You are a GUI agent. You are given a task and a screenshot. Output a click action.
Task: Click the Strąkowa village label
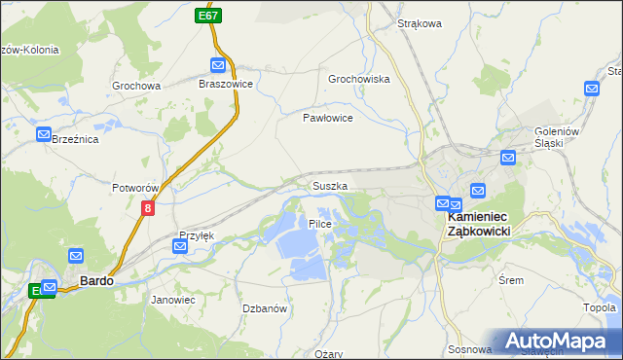pyautogui.click(x=420, y=22)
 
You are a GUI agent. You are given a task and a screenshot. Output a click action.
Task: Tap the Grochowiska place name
pyautogui.click(x=358, y=79)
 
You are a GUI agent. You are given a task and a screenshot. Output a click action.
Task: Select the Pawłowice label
pyautogui.click(x=326, y=117)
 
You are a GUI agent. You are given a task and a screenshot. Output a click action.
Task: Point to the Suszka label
pyautogui.click(x=330, y=185)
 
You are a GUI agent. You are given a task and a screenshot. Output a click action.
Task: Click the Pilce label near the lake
pyautogui.click(x=320, y=224)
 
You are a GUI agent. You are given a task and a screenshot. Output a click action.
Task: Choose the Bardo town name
pyautogui.click(x=96, y=280)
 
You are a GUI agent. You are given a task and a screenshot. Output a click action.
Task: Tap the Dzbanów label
pyautogui.click(x=264, y=308)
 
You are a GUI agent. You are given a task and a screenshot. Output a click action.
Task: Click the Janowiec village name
pyautogui.click(x=173, y=300)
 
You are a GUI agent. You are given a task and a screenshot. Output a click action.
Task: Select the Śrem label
pyautogui.click(x=510, y=280)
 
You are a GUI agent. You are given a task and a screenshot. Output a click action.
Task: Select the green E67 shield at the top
pyautogui.click(x=206, y=16)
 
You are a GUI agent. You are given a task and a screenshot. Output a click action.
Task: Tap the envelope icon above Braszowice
pyautogui.click(x=218, y=65)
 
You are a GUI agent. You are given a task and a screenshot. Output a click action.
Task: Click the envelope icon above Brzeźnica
pyautogui.click(x=44, y=135)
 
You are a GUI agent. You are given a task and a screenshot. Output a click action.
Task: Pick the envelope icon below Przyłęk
pyautogui.click(x=180, y=247)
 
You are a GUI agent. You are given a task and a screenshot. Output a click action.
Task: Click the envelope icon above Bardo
pyautogui.click(x=75, y=255)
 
